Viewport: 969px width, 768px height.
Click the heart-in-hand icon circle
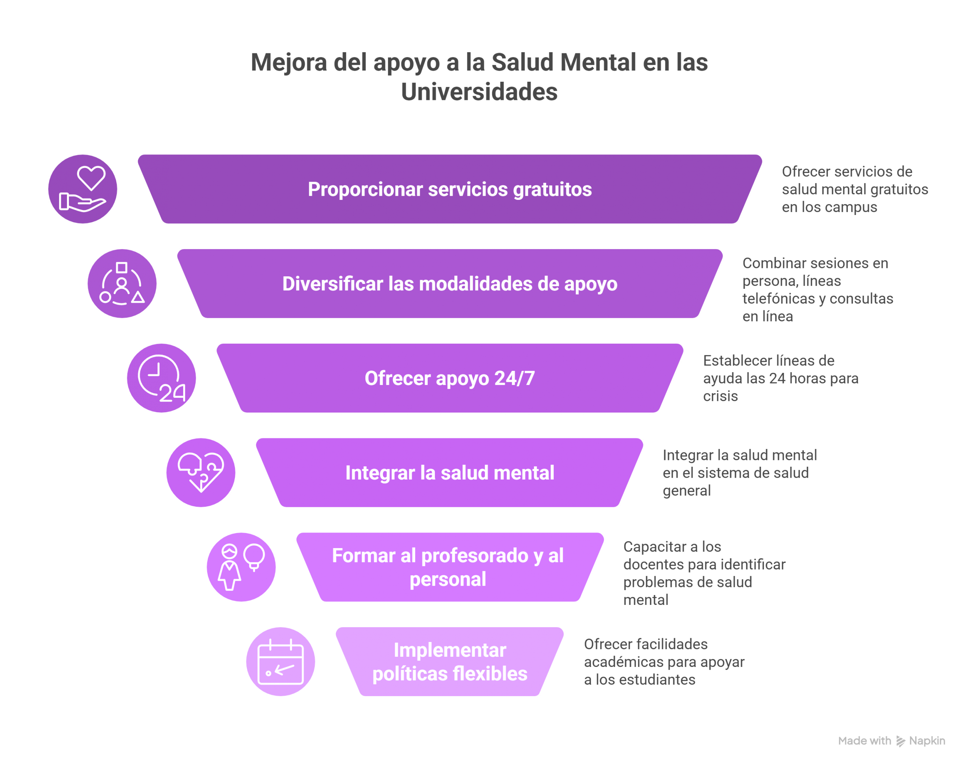(x=83, y=189)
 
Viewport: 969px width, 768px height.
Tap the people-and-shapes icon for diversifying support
(x=122, y=284)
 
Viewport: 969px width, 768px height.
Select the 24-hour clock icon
(x=161, y=378)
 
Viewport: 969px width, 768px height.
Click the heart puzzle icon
(x=201, y=472)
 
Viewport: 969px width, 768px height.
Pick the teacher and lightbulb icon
(x=241, y=567)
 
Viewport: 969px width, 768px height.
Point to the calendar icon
(x=280, y=662)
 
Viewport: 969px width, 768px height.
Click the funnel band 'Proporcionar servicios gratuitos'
(x=449, y=189)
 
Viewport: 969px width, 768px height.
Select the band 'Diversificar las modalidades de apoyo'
(x=449, y=284)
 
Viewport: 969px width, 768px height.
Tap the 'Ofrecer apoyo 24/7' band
(x=449, y=378)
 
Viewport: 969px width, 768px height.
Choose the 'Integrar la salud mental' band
(x=449, y=473)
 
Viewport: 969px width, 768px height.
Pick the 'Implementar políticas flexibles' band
(x=449, y=662)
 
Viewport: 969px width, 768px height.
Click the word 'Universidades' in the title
(x=479, y=92)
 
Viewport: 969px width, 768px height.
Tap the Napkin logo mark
(x=900, y=741)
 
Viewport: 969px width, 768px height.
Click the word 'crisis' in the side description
(x=720, y=396)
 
